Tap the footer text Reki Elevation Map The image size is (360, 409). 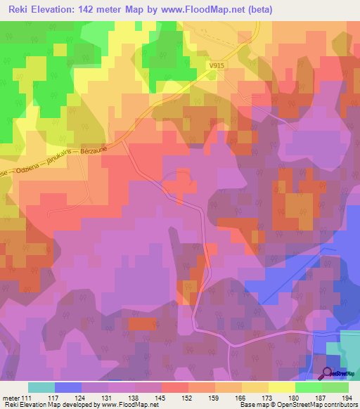point(32,405)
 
